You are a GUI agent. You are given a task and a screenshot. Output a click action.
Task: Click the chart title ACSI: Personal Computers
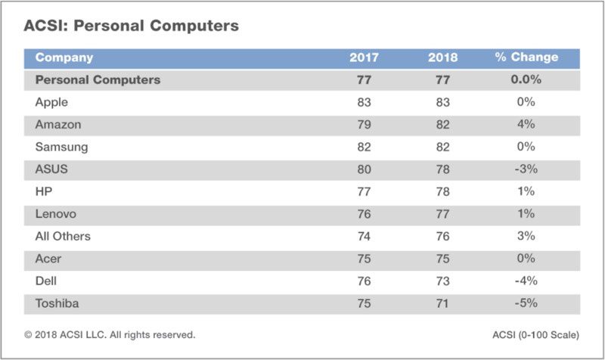(x=132, y=26)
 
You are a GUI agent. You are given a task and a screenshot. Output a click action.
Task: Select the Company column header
(x=64, y=57)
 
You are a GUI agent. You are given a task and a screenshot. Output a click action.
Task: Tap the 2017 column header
(x=364, y=57)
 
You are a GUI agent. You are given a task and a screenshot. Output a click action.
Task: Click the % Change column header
(x=526, y=57)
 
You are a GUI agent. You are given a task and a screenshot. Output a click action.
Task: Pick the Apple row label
(x=52, y=102)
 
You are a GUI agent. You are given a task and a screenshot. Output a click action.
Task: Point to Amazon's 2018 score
(x=442, y=124)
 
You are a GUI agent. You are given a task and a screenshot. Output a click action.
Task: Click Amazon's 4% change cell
(x=526, y=124)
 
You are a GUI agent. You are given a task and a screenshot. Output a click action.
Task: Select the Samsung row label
(x=61, y=147)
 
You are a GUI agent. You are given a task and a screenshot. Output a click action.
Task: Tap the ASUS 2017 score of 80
(x=364, y=169)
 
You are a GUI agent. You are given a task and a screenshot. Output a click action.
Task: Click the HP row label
(x=43, y=192)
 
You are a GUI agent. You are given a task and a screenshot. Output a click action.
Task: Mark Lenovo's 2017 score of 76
(x=364, y=214)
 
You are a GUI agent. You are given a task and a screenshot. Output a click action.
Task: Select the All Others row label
(x=63, y=237)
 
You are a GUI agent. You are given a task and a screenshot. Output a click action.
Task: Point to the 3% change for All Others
(x=526, y=237)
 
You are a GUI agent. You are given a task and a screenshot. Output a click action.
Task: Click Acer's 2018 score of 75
(x=442, y=259)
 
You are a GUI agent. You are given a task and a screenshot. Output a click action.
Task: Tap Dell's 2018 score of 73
(x=442, y=281)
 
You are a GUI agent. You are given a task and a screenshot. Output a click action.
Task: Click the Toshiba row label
(x=57, y=303)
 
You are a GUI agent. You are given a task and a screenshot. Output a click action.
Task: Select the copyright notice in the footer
(x=110, y=334)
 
